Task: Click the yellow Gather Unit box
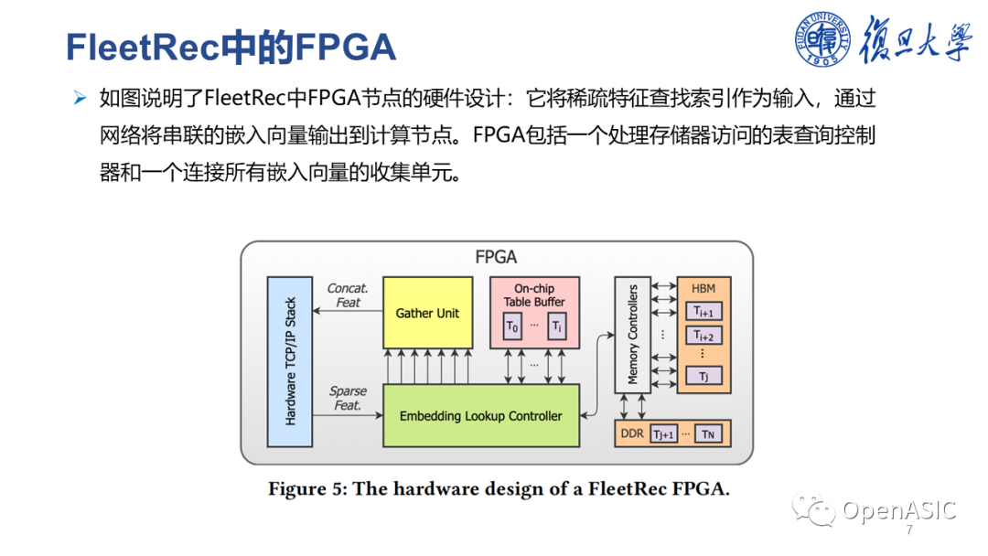[427, 313]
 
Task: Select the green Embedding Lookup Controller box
[480, 416]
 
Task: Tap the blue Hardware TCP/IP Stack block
[290, 361]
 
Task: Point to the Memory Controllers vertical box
[632, 334]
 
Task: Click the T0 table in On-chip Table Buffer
[512, 326]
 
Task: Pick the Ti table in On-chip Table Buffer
[557, 326]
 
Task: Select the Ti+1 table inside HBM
[703, 311]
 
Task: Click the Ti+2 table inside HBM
[703, 336]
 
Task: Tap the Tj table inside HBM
[703, 376]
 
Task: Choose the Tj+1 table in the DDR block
[663, 434]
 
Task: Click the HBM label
[703, 288]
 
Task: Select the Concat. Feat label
[348, 295]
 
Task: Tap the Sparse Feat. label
[348, 398]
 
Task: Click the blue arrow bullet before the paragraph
[80, 98]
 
